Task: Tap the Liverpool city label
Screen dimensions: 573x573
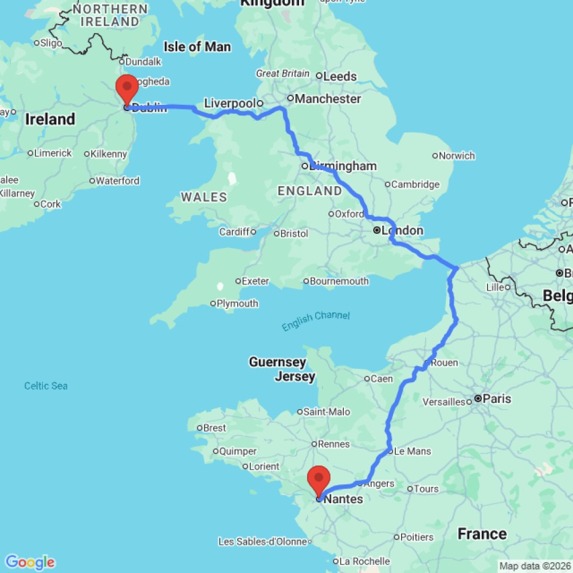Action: point(229,104)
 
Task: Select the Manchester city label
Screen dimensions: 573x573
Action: point(327,99)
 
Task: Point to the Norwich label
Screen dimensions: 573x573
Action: point(457,155)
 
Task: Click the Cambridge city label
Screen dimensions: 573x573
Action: point(415,184)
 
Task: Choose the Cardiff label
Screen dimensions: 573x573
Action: point(234,232)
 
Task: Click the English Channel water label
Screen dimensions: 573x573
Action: point(315,320)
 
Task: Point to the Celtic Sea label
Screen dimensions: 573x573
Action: point(46,386)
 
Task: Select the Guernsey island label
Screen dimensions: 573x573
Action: point(277,362)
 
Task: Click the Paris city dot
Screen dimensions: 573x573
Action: point(477,399)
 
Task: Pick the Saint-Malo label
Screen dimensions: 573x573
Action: point(326,411)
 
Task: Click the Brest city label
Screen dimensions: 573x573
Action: point(215,427)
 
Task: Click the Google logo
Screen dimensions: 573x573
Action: point(30,562)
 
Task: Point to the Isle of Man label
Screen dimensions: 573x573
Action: point(197,46)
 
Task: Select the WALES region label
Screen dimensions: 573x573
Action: point(204,197)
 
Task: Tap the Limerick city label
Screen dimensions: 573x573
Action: point(53,153)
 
